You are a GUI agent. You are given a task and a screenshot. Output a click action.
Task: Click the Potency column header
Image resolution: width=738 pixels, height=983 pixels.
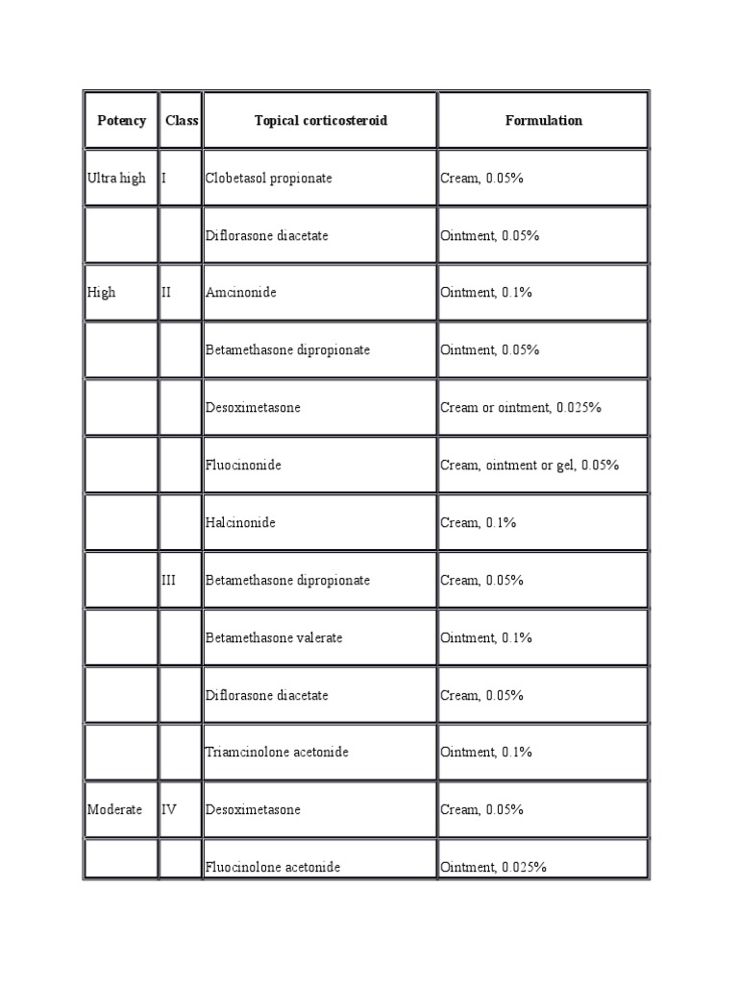coord(122,120)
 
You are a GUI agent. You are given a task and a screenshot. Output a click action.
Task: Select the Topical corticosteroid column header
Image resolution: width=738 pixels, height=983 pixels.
coord(320,120)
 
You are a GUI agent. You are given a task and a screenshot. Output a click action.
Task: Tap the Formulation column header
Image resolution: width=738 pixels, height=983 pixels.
coord(543,120)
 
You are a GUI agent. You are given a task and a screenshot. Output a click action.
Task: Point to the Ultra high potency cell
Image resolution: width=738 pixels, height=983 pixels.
coord(117,178)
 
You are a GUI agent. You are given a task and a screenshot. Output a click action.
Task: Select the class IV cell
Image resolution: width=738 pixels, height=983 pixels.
coord(170,809)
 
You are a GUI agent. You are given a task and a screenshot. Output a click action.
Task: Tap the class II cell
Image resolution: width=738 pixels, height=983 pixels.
coord(167,292)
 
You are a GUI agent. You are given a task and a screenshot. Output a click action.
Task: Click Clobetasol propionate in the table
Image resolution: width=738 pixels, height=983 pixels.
coord(268,178)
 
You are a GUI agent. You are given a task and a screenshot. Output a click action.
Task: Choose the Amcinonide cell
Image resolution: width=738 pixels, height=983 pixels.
coord(240,292)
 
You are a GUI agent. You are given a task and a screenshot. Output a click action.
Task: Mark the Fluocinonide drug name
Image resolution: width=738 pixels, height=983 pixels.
coord(243,465)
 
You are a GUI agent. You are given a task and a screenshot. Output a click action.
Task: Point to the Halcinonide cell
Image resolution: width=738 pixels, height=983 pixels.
coord(240,522)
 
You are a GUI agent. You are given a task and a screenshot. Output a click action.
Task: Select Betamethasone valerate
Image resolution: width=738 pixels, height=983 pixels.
coord(274,637)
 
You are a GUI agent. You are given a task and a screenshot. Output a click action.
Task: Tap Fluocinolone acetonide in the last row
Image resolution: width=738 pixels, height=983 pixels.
coord(273,867)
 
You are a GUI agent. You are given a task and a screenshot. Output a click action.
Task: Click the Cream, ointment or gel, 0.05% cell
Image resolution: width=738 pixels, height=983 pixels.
coord(529,465)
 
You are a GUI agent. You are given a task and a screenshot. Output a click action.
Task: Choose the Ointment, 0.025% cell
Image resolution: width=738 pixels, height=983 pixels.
coord(493,867)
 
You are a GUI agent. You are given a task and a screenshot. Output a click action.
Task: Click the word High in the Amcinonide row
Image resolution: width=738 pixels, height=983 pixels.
coord(101,292)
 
